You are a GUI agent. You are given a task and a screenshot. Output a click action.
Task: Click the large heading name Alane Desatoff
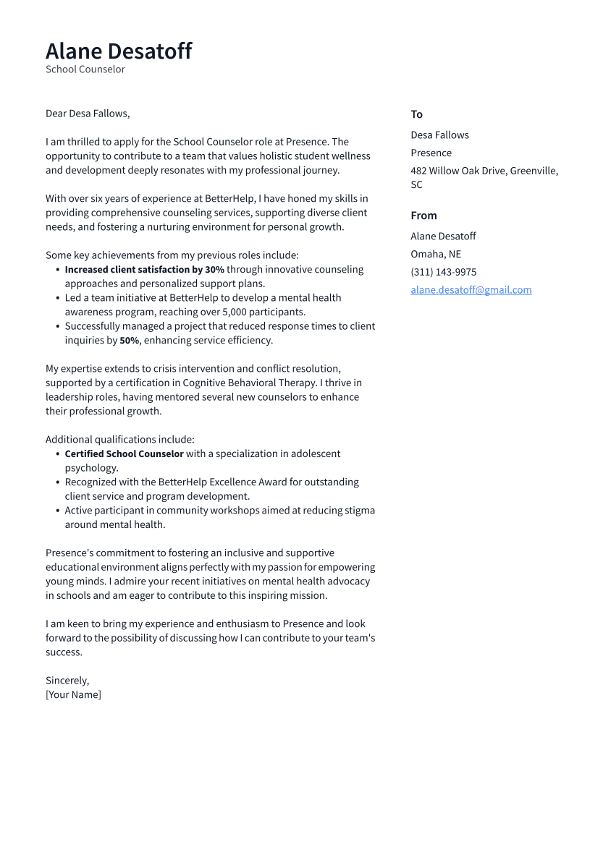[x=119, y=51]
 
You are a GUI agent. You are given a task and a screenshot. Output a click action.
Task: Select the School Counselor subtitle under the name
[x=85, y=69]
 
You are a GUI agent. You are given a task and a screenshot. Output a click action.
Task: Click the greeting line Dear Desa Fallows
[x=88, y=114]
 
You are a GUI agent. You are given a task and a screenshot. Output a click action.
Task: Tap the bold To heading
[x=416, y=114]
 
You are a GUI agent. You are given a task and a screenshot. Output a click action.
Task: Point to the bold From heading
[x=423, y=216]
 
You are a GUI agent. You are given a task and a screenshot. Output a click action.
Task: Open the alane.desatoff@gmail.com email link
[x=471, y=290]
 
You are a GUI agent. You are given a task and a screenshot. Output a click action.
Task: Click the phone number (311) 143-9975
[x=443, y=272]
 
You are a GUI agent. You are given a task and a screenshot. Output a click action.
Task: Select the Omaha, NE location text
[x=435, y=254]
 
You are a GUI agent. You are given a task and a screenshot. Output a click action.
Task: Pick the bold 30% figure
[x=214, y=270]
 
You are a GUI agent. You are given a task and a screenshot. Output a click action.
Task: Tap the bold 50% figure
[x=129, y=341]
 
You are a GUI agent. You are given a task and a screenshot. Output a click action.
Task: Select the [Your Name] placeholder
[x=73, y=695]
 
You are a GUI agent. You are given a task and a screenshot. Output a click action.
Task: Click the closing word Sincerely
[x=67, y=681]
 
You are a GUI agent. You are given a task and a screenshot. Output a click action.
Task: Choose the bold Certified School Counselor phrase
[x=124, y=454]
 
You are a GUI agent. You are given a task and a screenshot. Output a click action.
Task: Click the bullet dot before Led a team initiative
[x=58, y=298]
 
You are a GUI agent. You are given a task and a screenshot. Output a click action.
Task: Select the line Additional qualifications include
[x=119, y=440]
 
